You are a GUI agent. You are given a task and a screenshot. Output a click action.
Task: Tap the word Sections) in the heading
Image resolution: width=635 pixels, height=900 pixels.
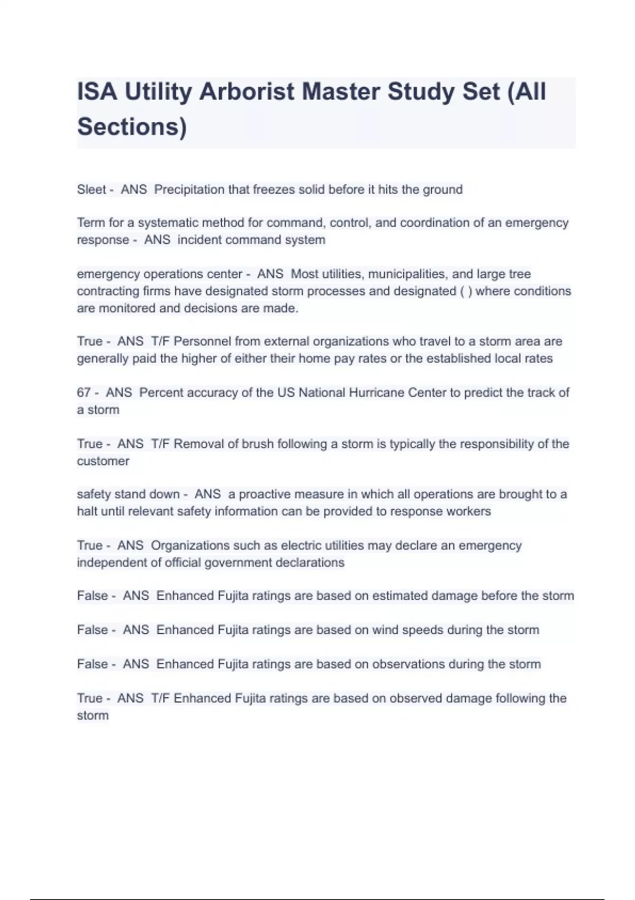click(132, 127)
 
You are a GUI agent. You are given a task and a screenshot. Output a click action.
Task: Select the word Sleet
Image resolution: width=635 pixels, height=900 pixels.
click(92, 190)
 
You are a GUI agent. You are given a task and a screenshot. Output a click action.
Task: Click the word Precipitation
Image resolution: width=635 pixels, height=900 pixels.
click(189, 190)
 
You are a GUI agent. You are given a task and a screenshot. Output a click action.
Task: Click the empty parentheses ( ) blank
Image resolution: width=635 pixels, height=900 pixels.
click(466, 291)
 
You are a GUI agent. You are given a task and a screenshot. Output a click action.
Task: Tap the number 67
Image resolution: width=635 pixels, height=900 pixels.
click(84, 393)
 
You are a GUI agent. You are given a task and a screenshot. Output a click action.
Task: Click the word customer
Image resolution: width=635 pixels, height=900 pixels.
click(103, 461)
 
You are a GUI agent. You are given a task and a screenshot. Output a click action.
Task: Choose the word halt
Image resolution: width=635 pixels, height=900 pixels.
click(87, 511)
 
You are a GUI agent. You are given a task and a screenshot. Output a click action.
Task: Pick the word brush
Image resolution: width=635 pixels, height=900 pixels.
click(257, 444)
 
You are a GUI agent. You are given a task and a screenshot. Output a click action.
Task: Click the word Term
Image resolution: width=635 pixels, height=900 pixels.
click(91, 223)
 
